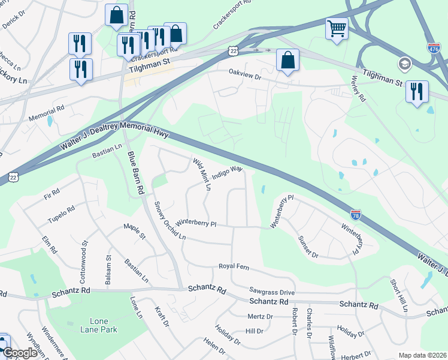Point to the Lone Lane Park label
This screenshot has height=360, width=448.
99,325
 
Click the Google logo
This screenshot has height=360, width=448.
19,353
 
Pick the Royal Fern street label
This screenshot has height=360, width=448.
233,266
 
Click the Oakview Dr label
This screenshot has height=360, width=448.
245,77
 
